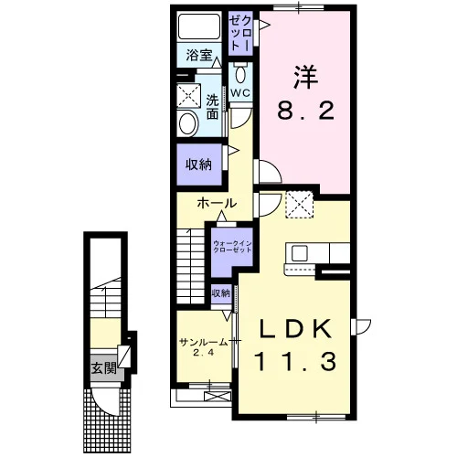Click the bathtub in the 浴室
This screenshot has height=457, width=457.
(199, 26)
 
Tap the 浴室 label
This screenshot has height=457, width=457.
(199, 56)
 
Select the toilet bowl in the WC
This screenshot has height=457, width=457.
(240, 73)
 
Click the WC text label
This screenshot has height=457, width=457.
(240, 93)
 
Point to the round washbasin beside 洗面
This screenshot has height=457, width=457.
(188, 123)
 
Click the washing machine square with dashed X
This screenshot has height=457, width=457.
(189, 96)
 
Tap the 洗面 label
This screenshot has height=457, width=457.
(212, 107)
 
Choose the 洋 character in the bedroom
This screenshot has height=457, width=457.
(305, 78)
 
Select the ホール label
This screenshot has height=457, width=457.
(217, 203)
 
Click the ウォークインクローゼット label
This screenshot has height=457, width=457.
(232, 247)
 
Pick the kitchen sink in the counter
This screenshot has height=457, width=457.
(301, 253)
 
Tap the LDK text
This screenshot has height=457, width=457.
(295, 329)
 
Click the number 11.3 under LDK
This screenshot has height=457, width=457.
(296, 361)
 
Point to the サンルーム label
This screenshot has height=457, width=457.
(204, 343)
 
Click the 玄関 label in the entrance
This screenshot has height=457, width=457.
(104, 369)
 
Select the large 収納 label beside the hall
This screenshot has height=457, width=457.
(199, 165)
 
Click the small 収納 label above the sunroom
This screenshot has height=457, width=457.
(221, 293)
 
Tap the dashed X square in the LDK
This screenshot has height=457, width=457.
(300, 204)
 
